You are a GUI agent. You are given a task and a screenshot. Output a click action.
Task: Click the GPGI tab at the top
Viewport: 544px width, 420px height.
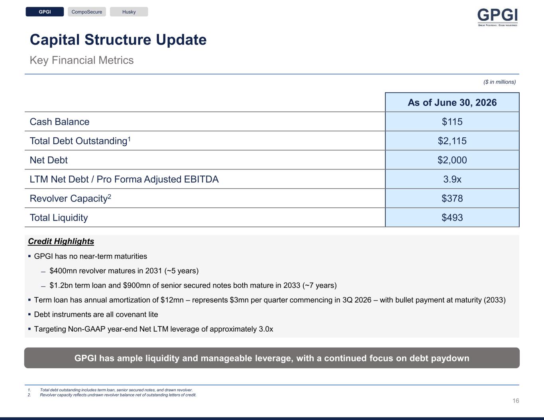pos(45,12)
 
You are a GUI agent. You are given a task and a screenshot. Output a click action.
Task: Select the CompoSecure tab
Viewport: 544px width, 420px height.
pos(86,12)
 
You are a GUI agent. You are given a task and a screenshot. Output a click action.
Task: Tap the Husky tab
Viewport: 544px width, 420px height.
pos(129,12)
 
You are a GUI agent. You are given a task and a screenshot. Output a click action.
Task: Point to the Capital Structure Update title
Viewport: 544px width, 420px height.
pos(118,40)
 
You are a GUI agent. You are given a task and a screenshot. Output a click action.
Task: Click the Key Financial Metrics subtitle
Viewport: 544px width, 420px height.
pos(82,60)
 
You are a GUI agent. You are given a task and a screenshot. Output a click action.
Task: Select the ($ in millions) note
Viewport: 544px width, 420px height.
pos(499,82)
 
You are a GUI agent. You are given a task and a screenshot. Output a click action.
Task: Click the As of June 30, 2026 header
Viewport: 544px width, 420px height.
pos(452,102)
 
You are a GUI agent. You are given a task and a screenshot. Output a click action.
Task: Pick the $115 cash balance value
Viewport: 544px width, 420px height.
pos(452,122)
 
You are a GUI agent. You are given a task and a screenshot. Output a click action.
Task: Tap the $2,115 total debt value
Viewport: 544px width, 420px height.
pos(452,141)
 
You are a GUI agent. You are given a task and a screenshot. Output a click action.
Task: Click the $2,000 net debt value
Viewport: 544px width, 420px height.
pos(452,160)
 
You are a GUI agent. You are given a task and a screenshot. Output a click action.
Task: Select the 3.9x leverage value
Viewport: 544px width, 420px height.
pos(452,179)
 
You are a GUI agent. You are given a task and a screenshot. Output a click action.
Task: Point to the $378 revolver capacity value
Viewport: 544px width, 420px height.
pos(452,199)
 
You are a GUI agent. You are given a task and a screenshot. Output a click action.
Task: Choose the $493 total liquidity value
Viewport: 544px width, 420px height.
pos(452,217)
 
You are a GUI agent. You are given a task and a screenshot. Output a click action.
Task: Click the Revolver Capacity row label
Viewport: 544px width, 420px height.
pos(71,199)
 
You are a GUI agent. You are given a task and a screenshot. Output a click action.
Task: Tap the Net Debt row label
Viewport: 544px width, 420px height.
pos(49,160)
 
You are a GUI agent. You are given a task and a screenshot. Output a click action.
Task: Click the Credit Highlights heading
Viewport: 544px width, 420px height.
pos(61,241)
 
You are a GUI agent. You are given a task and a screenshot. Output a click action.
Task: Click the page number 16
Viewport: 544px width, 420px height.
pos(516,401)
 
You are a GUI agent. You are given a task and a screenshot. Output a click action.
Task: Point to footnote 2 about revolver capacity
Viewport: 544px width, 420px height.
pos(112,395)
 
